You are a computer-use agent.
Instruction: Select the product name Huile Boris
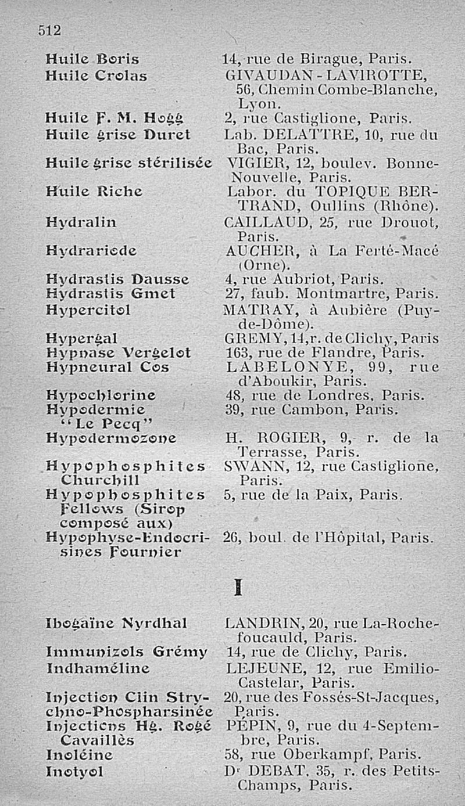[x=92, y=59]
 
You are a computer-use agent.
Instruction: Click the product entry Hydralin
[x=81, y=222]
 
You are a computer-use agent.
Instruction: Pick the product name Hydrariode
[x=91, y=251]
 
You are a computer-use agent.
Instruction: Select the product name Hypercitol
[x=88, y=310]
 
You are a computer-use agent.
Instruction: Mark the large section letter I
[x=237, y=589]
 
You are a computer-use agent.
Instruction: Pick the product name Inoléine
[x=79, y=755]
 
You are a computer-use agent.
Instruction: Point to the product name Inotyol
[x=75, y=772]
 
